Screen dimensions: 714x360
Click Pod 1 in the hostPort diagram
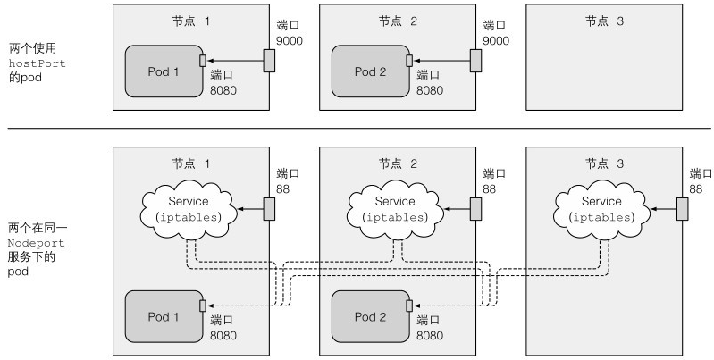coord(164,71)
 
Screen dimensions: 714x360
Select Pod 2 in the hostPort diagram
coord(370,71)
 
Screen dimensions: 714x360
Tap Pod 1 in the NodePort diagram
coord(164,316)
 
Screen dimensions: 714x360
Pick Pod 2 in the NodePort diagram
coord(370,316)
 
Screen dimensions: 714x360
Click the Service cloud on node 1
coord(189,209)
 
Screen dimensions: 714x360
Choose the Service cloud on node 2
coord(395,209)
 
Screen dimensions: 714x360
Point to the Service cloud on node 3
coord(602,209)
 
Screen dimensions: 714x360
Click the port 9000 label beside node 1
coord(290,33)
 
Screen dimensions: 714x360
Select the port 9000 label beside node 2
coord(496,33)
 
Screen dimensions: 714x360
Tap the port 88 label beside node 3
coord(701,181)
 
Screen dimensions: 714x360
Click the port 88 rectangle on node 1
coord(269,209)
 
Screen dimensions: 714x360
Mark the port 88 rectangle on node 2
coord(475,209)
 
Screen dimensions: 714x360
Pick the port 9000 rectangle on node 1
coord(269,61)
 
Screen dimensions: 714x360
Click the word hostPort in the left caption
coord(38,63)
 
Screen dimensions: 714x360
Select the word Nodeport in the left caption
coord(37,243)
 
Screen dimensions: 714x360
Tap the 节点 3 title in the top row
coord(604,21)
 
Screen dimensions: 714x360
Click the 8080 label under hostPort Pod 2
coord(430,90)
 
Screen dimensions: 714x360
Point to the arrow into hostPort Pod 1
coord(235,61)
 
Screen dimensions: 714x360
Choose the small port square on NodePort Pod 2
coord(409,306)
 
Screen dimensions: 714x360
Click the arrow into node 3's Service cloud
coord(664,209)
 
